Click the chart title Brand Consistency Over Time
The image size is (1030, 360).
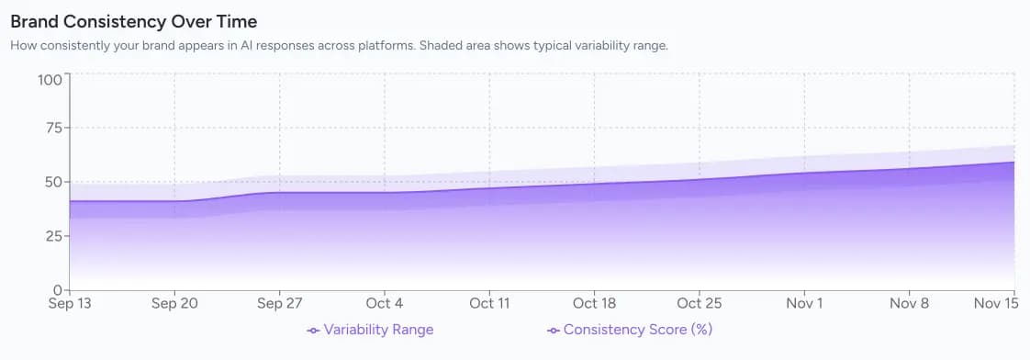click(133, 20)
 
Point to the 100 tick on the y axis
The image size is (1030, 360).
click(50, 79)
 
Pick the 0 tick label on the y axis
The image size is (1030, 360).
click(58, 289)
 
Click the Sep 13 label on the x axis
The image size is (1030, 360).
click(70, 303)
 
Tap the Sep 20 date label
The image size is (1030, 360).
click(175, 303)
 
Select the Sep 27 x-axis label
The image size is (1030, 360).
click(280, 303)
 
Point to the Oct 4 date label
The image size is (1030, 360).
click(385, 303)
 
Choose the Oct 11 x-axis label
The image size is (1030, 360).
click(489, 303)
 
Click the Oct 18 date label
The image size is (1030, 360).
click(594, 303)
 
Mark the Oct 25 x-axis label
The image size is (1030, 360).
click(700, 303)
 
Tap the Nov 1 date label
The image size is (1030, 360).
click(804, 303)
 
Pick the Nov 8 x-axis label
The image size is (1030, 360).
click(909, 303)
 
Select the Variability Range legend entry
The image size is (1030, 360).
click(370, 330)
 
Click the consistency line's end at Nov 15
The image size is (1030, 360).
click(1013, 163)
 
